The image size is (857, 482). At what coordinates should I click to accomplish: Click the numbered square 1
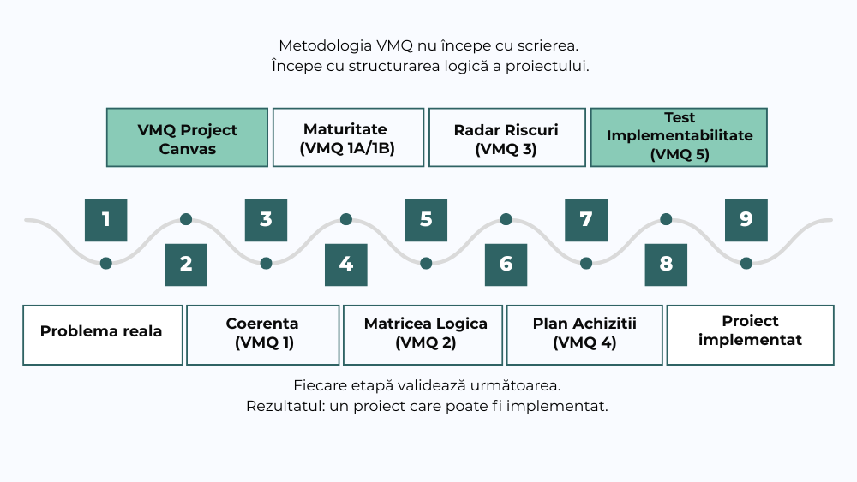(x=106, y=220)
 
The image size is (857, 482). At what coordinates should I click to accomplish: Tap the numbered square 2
(x=186, y=265)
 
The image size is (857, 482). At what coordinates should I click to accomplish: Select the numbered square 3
(x=266, y=220)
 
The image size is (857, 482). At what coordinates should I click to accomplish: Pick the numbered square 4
(x=346, y=265)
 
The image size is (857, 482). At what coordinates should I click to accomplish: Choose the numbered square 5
(x=426, y=220)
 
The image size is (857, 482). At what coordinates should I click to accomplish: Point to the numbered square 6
(x=506, y=265)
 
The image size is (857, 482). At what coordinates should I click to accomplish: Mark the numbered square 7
(x=586, y=220)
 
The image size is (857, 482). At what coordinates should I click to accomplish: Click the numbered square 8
(x=666, y=265)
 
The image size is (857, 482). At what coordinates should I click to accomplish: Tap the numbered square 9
(x=746, y=220)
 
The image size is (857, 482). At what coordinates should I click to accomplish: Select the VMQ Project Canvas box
(x=187, y=138)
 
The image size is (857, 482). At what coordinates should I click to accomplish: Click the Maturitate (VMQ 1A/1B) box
(x=348, y=138)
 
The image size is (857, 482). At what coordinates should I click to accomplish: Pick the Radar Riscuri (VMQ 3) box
(x=507, y=138)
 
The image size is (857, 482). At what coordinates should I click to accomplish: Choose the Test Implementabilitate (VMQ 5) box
(x=679, y=138)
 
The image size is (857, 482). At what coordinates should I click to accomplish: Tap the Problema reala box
(x=103, y=335)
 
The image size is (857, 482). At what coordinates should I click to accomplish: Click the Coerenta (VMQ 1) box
(x=263, y=335)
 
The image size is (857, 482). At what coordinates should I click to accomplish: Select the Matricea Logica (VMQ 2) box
(x=423, y=335)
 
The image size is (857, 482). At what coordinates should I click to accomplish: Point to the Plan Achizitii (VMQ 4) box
(x=584, y=335)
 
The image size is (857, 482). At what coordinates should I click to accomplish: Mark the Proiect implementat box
(x=751, y=335)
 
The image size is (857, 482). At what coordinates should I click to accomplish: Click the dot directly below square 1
(x=106, y=264)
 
